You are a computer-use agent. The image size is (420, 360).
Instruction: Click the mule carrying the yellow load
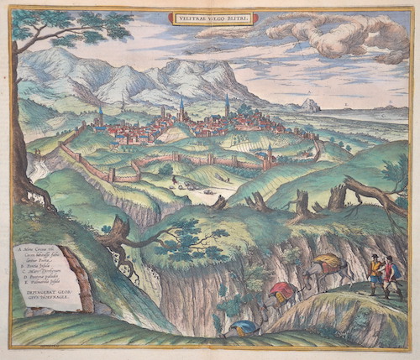[x=328, y=268]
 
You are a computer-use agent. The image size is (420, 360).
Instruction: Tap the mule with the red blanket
[x=281, y=293]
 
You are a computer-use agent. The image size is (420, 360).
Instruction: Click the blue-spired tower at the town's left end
[x=100, y=115]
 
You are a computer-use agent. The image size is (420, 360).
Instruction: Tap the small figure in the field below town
[x=174, y=180]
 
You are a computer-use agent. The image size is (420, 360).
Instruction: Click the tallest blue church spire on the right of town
[x=226, y=105]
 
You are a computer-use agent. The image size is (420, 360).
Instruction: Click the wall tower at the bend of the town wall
[x=110, y=174]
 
